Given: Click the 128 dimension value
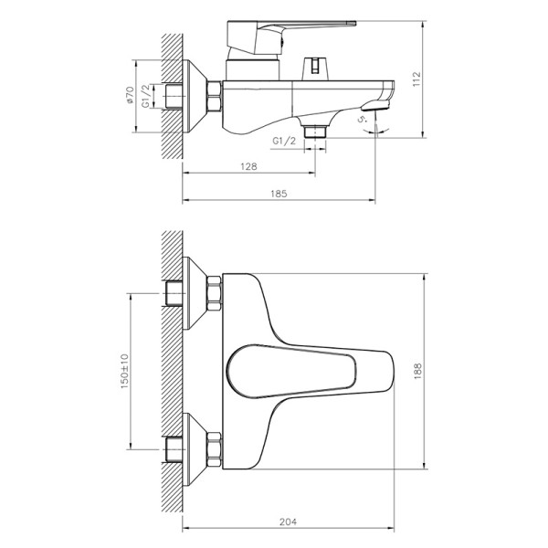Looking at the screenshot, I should coord(248,167).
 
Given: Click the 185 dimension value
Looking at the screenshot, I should coord(279,193).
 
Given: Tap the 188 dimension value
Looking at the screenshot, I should coord(441,369).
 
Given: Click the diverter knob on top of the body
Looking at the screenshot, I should coord(313,68).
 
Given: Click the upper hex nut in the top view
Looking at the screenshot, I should coord(213,294).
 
